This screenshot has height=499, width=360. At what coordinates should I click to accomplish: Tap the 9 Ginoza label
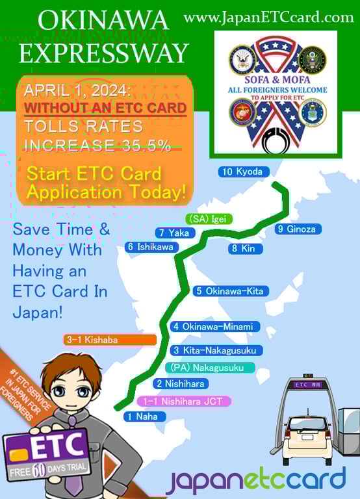click(x=298, y=229)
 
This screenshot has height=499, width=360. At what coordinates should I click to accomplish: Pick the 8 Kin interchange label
click(x=244, y=248)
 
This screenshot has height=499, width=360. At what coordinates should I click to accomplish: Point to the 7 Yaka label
click(x=172, y=233)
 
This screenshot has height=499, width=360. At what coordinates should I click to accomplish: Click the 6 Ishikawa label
click(x=150, y=247)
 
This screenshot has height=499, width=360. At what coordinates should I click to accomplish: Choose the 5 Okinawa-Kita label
click(x=231, y=291)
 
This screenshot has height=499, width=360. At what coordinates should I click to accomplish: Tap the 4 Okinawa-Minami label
click(x=215, y=326)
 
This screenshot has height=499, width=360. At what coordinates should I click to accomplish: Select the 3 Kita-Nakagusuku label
click(x=217, y=350)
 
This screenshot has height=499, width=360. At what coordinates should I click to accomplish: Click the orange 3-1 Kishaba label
click(x=110, y=339)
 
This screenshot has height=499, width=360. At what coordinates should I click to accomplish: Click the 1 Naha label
click(x=143, y=416)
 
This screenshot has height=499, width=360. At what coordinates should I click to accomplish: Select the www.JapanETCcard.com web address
click(x=268, y=17)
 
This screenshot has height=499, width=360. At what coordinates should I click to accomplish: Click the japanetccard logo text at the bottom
click(x=255, y=480)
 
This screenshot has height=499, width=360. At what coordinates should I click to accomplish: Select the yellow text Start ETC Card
click(x=94, y=175)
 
